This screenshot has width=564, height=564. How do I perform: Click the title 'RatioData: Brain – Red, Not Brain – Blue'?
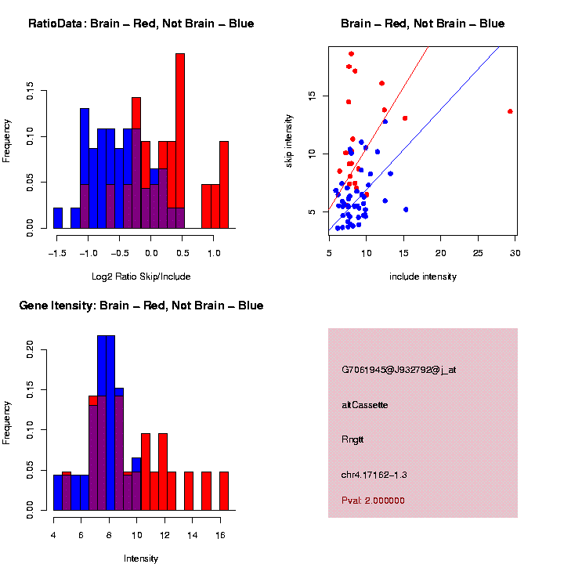(141, 23)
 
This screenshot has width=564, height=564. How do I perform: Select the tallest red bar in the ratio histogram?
(180, 141)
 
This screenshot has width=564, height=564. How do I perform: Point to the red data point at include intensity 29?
(510, 111)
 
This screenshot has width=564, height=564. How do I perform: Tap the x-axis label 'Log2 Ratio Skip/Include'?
(141, 276)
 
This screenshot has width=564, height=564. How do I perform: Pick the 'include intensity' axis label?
(423, 276)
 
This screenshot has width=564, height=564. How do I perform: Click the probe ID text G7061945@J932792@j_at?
(399, 370)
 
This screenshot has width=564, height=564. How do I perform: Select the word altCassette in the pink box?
(364, 405)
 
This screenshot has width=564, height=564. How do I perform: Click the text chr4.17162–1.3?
(374, 475)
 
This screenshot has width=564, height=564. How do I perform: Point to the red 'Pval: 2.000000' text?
(373, 501)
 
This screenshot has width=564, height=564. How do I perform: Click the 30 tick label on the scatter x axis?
(515, 252)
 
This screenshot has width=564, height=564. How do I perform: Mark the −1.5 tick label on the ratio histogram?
(56, 253)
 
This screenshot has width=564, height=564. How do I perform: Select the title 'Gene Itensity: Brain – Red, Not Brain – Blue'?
(141, 305)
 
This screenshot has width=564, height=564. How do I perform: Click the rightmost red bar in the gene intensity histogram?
(224, 491)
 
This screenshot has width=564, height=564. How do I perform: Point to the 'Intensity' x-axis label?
(141, 559)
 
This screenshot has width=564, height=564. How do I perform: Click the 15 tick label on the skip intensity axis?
(313, 96)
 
